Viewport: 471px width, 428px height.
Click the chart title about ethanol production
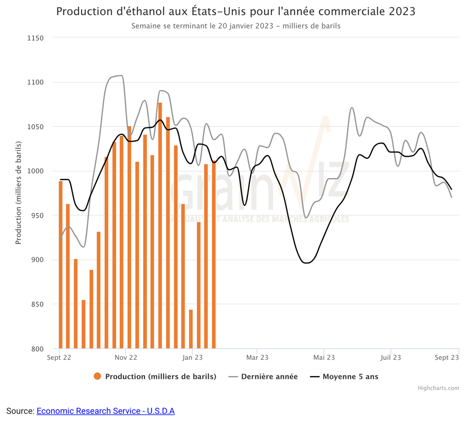(x=235, y=12)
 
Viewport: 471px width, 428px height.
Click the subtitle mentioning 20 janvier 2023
(x=235, y=26)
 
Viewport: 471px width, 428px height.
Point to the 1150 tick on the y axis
(x=34, y=38)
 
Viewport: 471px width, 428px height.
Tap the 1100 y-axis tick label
(x=34, y=82)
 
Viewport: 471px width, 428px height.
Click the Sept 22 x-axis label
(x=59, y=357)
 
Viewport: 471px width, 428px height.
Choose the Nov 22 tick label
(x=126, y=357)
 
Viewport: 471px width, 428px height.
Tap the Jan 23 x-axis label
(x=193, y=357)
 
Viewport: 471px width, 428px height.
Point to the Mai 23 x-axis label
(x=324, y=357)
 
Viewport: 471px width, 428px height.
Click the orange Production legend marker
(x=97, y=376)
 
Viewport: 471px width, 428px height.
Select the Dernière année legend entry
(x=269, y=376)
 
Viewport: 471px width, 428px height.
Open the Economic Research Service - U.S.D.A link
(x=105, y=411)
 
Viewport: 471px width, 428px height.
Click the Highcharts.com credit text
(x=438, y=388)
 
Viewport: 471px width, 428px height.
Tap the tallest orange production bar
(x=160, y=226)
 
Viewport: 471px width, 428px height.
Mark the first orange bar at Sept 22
(x=61, y=265)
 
